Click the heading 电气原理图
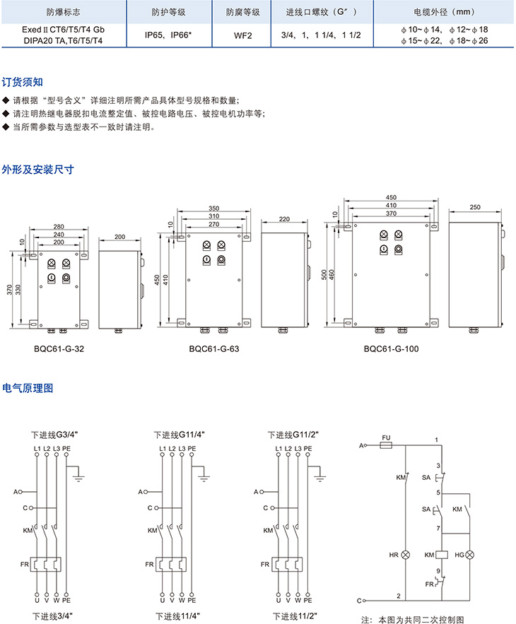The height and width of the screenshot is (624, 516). tap(28, 388)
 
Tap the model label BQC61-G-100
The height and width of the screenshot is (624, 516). tap(390, 348)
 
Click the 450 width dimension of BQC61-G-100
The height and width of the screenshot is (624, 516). tap(391, 197)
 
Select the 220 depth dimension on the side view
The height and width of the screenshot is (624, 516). tap(284, 220)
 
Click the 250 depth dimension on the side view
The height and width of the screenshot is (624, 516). tap(474, 207)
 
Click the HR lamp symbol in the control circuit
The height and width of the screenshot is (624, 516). tap(406, 555)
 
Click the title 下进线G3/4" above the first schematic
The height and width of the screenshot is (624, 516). tap(53, 435)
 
